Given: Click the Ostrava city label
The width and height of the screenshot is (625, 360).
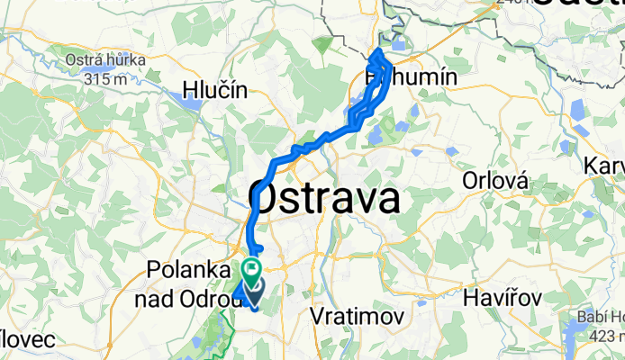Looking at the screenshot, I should (x=325, y=196).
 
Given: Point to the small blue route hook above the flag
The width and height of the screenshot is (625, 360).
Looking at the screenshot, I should (x=258, y=248).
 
